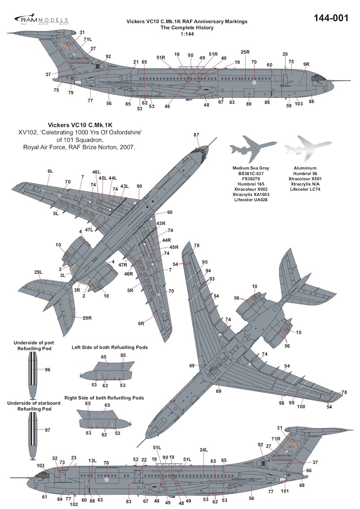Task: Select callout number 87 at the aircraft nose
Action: click(196, 135)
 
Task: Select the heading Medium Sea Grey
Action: click(247, 168)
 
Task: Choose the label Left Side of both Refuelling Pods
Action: click(110, 347)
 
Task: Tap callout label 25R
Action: click(245, 52)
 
